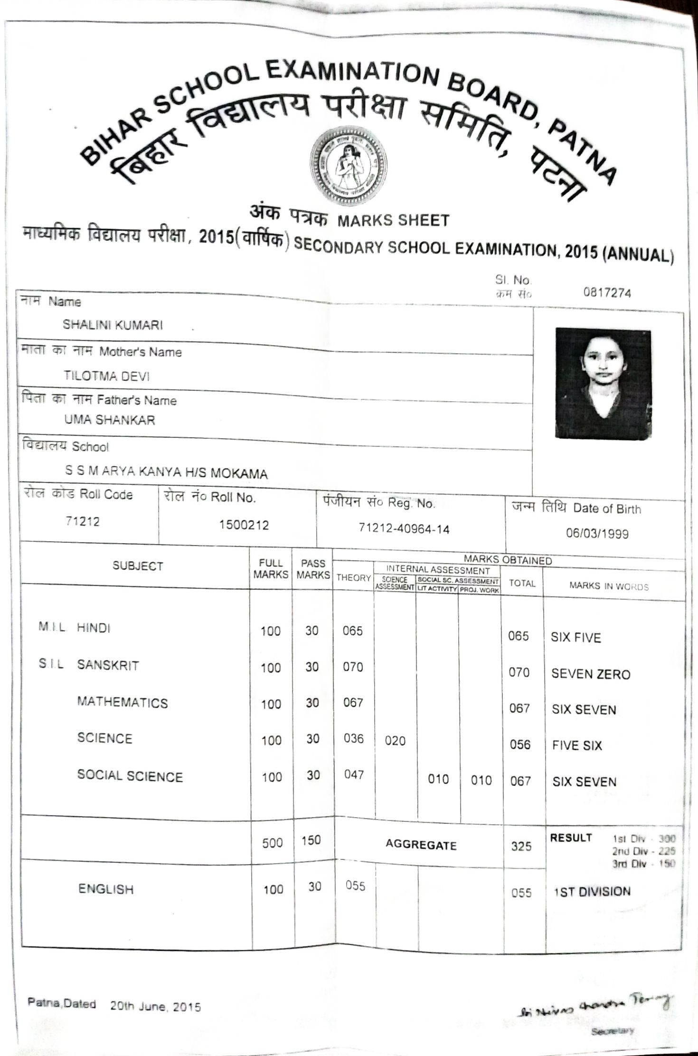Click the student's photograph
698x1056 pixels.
pos(603,383)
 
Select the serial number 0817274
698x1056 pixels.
pos(607,293)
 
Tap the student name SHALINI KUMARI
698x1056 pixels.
pos(113,325)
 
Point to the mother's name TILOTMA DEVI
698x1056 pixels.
pos(107,376)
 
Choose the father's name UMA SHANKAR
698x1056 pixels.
pos(110,420)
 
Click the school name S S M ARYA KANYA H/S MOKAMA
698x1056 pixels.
pos(166,472)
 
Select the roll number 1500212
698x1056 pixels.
pos(244,525)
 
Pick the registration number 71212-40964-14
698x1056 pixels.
pos(404,529)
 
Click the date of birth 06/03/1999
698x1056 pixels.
pos(597,534)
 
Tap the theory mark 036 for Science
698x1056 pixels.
pos(354,738)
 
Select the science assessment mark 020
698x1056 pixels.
pos(395,741)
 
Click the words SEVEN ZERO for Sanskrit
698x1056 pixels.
pos(590,674)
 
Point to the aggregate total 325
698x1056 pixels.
pos(521,846)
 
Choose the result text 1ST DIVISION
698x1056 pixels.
pos(592,892)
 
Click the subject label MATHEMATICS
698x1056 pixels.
pos(123,703)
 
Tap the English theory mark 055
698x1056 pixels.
pos(355,886)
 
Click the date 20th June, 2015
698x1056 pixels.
pos(156,1007)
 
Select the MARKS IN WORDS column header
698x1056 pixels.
pos(609,586)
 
